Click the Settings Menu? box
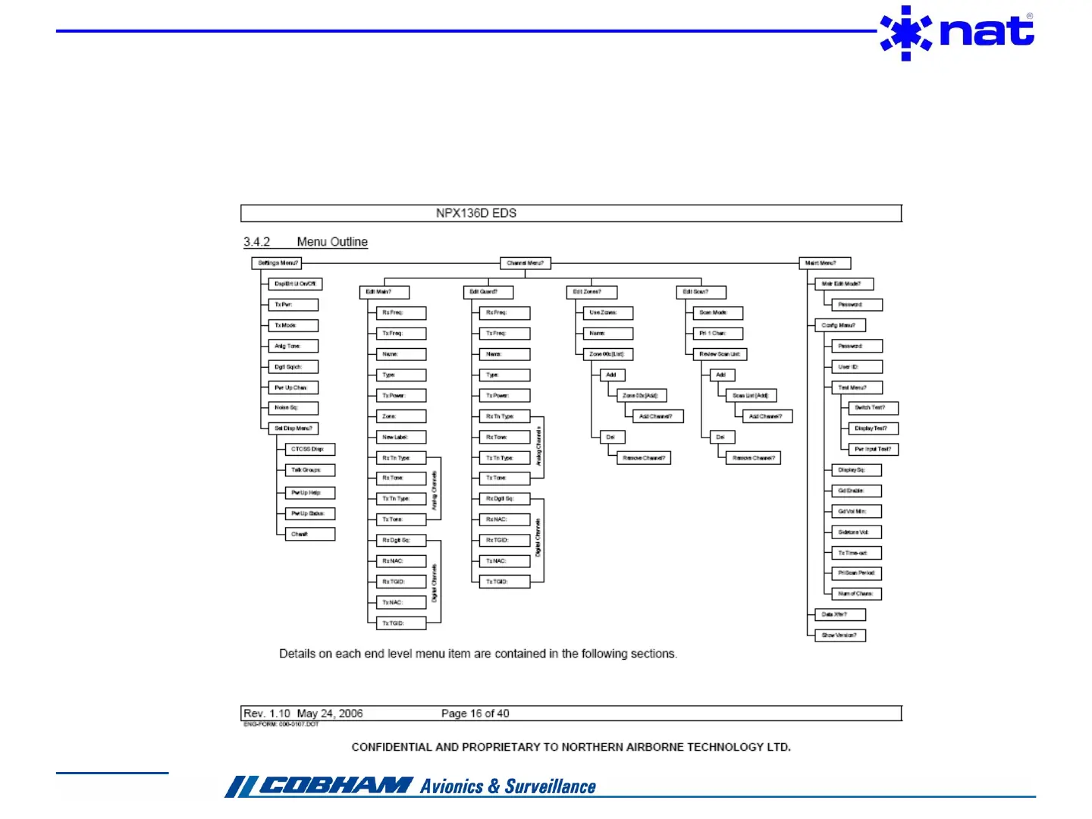coord(277,263)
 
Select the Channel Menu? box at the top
coord(525,263)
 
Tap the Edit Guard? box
coord(488,292)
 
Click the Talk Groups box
coord(310,470)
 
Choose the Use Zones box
coord(607,312)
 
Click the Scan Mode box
coord(717,312)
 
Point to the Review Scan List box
coord(720,354)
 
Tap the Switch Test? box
coord(873,408)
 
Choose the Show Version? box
coord(839,635)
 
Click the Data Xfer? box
coord(839,615)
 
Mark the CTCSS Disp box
coord(310,450)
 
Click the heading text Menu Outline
coord(332,242)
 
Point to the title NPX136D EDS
coord(476,213)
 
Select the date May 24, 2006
coord(330,714)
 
